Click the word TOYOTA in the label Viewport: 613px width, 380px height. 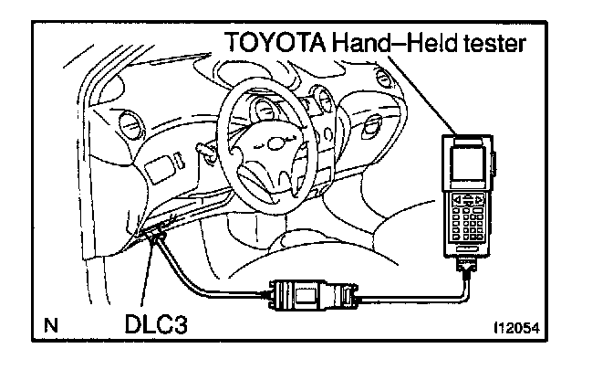click(275, 42)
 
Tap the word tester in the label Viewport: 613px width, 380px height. click(494, 43)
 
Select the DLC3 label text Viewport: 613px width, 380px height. click(156, 324)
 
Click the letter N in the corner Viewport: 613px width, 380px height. click(51, 325)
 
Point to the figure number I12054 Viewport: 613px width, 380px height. click(517, 328)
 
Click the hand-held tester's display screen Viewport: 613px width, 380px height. click(468, 162)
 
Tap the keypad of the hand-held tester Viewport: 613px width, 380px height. click(468, 216)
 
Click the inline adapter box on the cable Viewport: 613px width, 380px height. click(313, 295)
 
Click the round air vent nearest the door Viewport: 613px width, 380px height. click(129, 124)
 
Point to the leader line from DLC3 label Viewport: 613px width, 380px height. click(148, 274)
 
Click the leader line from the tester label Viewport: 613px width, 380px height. click(422, 96)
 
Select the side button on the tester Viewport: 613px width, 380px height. click(494, 164)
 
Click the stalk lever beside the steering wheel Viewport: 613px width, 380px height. click(206, 151)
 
